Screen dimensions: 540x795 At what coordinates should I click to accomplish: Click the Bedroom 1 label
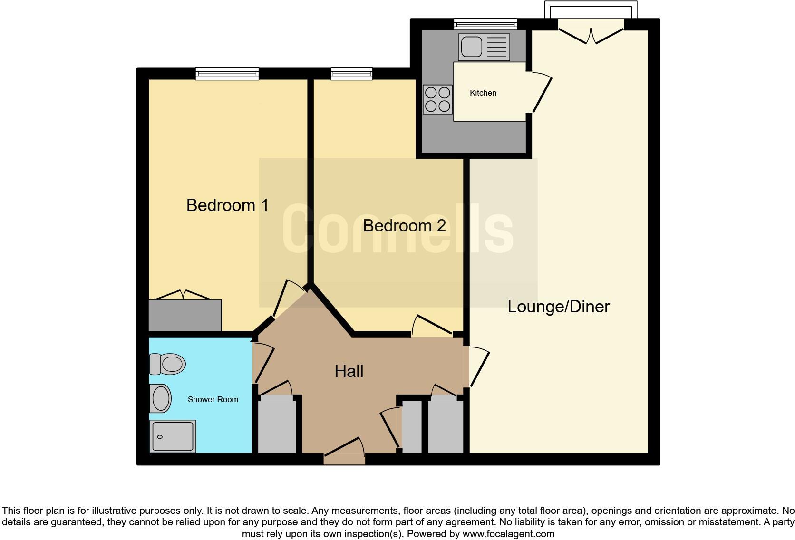(227, 205)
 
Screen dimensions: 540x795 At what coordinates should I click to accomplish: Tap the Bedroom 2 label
(404, 226)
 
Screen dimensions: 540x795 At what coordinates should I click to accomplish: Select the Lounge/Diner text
(558, 307)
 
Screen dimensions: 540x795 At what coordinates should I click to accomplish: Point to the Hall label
(349, 371)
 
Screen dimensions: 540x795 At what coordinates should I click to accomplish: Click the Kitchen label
(483, 93)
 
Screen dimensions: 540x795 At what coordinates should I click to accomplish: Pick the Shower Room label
(213, 400)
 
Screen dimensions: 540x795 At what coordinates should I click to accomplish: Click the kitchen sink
(484, 47)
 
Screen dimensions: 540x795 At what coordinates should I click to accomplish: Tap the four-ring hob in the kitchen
(437, 99)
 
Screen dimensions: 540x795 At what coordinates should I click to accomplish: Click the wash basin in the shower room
(160, 398)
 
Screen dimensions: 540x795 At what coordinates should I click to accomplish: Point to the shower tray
(173, 436)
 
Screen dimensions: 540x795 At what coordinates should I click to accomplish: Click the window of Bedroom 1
(227, 73)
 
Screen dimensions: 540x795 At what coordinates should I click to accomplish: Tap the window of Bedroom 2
(351, 73)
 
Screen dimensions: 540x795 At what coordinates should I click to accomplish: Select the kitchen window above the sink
(485, 23)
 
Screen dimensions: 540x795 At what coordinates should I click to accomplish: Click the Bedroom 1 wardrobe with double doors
(184, 314)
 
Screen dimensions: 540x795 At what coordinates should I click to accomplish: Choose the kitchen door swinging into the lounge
(541, 93)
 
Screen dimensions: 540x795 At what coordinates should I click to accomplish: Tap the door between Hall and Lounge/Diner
(478, 367)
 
